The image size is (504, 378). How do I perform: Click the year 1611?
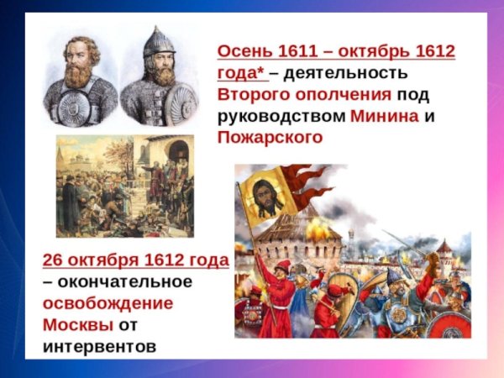299,50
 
